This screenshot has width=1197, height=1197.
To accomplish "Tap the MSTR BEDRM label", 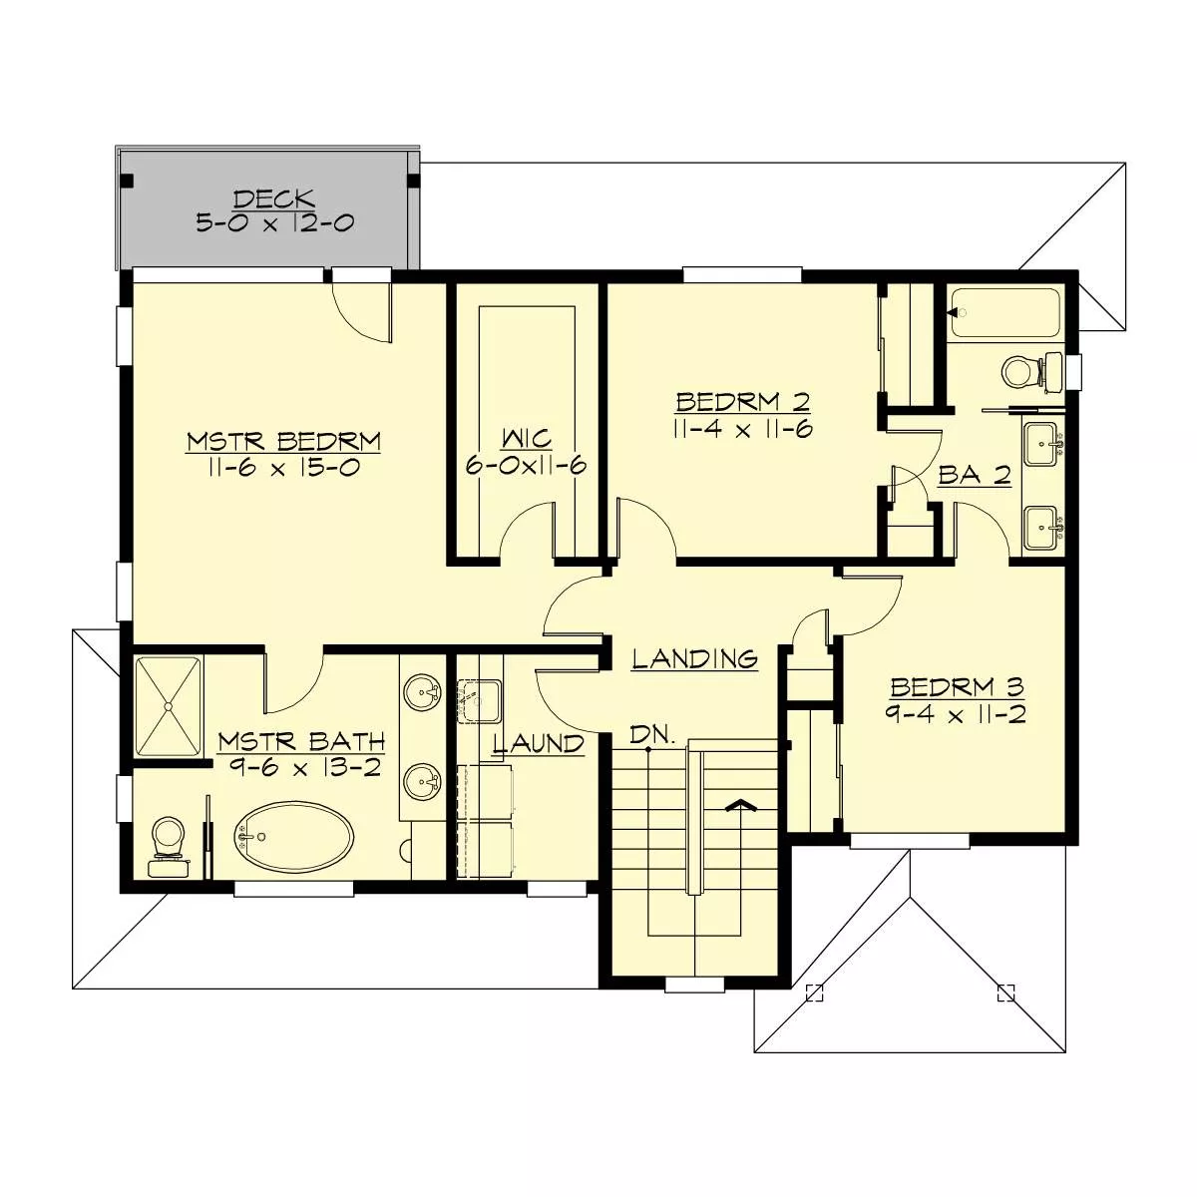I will pyautogui.click(x=284, y=441).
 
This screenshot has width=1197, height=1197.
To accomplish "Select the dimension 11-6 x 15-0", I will pyautogui.click(x=284, y=467).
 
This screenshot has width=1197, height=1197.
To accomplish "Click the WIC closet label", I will pyautogui.click(x=525, y=439).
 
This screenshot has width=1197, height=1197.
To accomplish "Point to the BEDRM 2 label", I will pyautogui.click(x=742, y=402).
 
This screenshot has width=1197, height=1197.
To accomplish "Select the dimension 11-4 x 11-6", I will pyautogui.click(x=742, y=429).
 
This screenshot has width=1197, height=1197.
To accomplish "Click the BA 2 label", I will pyautogui.click(x=975, y=477).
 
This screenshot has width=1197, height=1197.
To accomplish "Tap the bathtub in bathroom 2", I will pyautogui.click(x=1003, y=312).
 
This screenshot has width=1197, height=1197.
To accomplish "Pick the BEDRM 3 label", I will pyautogui.click(x=957, y=687).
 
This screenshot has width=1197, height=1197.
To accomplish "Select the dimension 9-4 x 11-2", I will pyautogui.click(x=957, y=714).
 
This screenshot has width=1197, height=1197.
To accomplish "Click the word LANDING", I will pyautogui.click(x=695, y=658).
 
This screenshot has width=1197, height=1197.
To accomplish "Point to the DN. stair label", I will pyautogui.click(x=653, y=736).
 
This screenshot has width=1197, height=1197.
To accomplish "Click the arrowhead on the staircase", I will pyautogui.click(x=739, y=806).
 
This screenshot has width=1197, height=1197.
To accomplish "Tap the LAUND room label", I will pyautogui.click(x=539, y=743).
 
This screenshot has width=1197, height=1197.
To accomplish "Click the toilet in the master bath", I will pyautogui.click(x=168, y=844).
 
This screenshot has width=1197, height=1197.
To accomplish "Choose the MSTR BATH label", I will pyautogui.click(x=301, y=741).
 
